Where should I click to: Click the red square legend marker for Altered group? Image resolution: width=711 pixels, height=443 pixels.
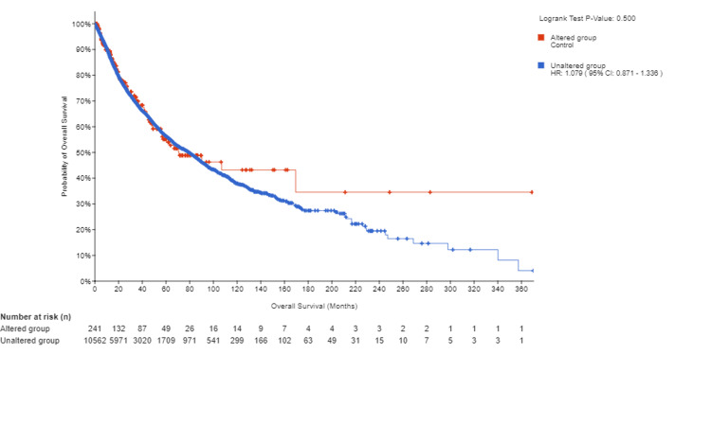point(541,38)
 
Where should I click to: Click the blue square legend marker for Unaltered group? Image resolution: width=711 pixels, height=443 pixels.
point(541,65)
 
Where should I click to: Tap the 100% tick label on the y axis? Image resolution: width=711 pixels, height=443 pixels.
point(81,24)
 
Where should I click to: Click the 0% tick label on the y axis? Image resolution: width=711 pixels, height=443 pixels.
point(83,281)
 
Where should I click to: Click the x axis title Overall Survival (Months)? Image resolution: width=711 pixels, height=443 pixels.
point(313,307)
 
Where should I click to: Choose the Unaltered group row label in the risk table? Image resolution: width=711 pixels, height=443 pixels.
point(33,339)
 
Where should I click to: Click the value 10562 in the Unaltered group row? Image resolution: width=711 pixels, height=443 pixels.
point(94,339)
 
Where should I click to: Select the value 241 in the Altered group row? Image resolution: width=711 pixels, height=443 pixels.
point(94,328)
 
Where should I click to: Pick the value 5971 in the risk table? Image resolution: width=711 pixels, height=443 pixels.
point(118,339)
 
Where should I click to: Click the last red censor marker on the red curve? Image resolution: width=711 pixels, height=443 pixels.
point(532,192)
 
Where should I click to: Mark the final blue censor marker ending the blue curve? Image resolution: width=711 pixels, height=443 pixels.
point(532,271)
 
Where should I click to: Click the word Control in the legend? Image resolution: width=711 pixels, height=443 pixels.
point(562,44)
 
